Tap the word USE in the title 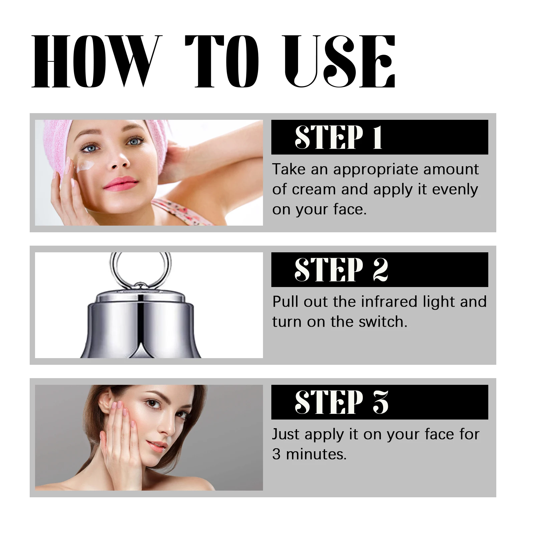[x=339, y=62]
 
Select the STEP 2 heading [x=341, y=269]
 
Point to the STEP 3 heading [x=341, y=402]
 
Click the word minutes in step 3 [x=316, y=454]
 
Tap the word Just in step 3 [x=286, y=434]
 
